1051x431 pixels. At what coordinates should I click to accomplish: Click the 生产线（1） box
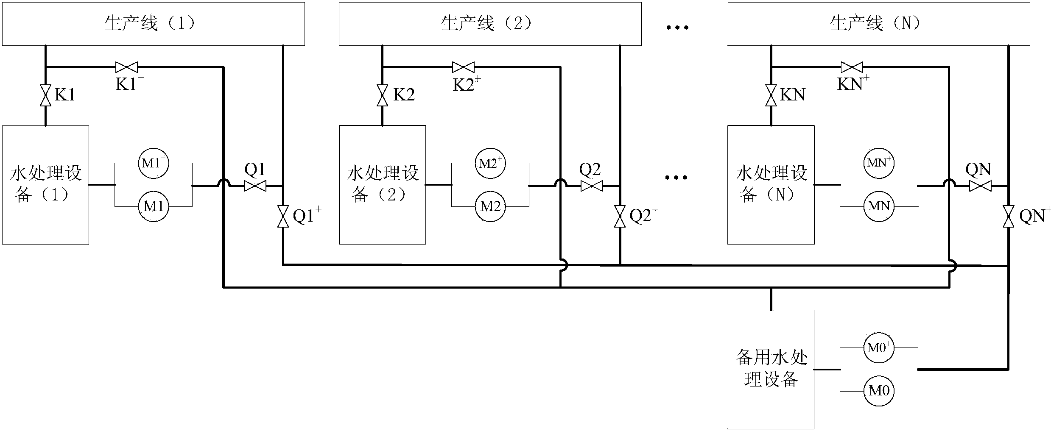[x=154, y=24]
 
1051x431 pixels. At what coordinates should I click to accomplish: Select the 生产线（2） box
[x=490, y=24]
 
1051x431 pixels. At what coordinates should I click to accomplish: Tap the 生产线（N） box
[x=879, y=24]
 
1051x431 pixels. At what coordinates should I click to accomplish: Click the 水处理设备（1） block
[x=45, y=185]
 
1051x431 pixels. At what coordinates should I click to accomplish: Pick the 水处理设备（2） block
[x=382, y=185]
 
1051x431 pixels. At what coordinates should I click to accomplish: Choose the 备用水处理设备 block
[x=771, y=370]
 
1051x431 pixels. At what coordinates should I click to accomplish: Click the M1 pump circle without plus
[x=154, y=206]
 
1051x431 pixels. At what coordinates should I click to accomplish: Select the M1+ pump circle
[x=154, y=163]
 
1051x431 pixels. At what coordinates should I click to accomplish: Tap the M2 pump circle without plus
[x=490, y=206]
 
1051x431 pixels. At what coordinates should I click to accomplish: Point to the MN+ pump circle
[x=879, y=163]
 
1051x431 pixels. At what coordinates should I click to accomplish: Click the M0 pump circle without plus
[x=879, y=391]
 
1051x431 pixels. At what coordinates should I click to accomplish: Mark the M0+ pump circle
[x=879, y=348]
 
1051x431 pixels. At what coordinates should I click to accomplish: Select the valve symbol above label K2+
[x=463, y=67]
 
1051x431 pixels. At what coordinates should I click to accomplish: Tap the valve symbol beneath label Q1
[x=255, y=186]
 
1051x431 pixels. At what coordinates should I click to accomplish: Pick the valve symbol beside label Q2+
[x=620, y=217]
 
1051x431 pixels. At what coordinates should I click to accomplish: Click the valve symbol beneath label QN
[x=980, y=186]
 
